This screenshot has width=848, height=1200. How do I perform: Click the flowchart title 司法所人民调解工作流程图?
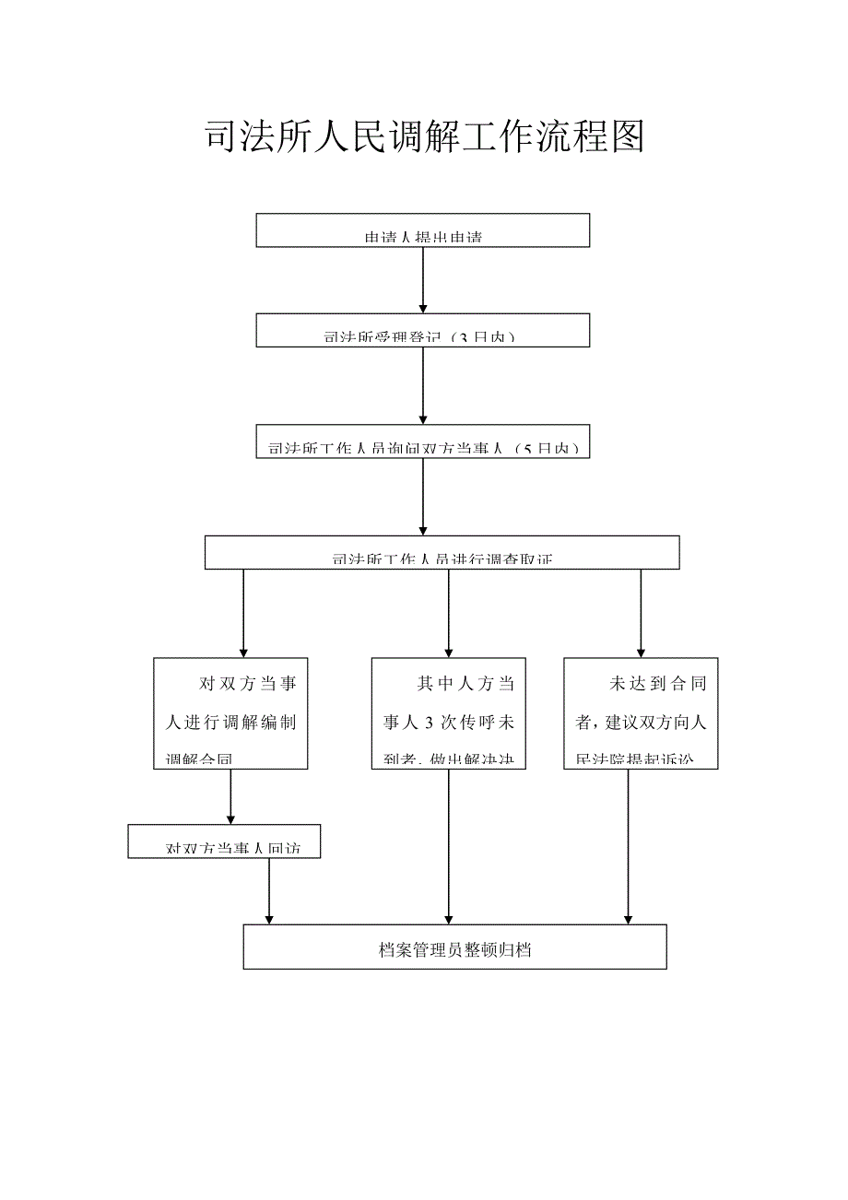(423, 137)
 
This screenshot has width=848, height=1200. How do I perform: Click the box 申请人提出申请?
(422, 230)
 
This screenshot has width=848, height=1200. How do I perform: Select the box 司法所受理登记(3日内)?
(422, 330)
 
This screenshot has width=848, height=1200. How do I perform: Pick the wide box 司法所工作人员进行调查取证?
(442, 552)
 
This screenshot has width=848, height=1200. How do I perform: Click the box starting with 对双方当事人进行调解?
(230, 712)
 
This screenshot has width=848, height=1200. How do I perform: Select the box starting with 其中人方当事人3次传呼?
(448, 712)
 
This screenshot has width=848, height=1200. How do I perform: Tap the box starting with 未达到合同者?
(641, 712)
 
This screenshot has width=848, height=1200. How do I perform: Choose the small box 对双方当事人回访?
(224, 841)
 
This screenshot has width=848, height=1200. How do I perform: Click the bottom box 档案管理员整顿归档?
(454, 947)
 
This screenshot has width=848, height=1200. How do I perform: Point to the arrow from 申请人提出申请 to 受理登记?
(422, 280)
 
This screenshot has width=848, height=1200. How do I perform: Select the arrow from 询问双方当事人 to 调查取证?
(422, 497)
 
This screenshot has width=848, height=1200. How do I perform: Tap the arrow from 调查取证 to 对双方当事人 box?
(243, 613)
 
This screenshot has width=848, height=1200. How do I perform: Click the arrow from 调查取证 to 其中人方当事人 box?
(449, 613)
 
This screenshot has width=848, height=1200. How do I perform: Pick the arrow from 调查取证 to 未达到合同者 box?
(641, 613)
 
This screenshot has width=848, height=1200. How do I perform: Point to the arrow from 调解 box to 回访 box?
(230, 796)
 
